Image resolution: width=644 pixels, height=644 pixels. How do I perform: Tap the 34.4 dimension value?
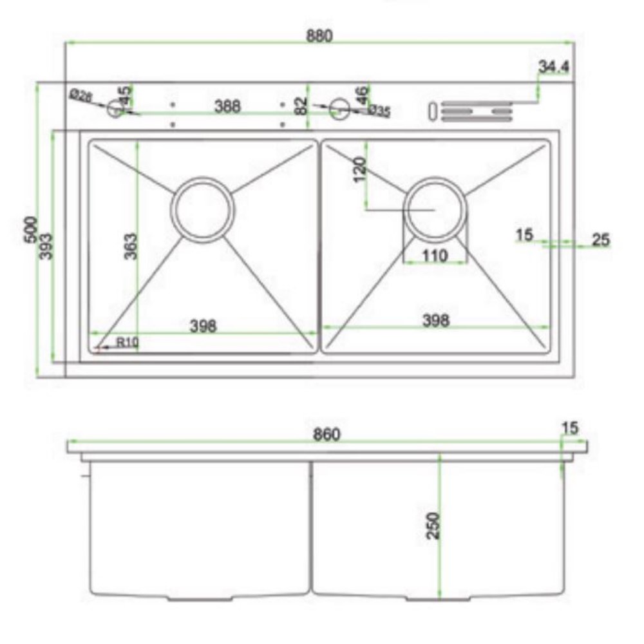(553, 66)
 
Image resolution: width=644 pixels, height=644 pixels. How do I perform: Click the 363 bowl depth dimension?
(129, 246)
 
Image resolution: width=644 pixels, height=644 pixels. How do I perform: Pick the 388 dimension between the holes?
(227, 106)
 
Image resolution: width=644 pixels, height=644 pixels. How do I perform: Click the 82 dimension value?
(301, 106)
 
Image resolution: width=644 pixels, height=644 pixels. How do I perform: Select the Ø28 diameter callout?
(82, 97)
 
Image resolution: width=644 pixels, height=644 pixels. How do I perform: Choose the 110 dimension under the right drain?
(435, 256)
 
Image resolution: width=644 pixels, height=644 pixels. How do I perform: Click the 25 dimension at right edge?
(600, 240)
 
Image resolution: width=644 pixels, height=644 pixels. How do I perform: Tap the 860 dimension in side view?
(327, 435)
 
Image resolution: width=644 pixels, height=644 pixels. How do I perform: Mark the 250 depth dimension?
(433, 525)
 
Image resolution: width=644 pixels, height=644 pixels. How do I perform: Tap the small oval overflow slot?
(433, 111)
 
